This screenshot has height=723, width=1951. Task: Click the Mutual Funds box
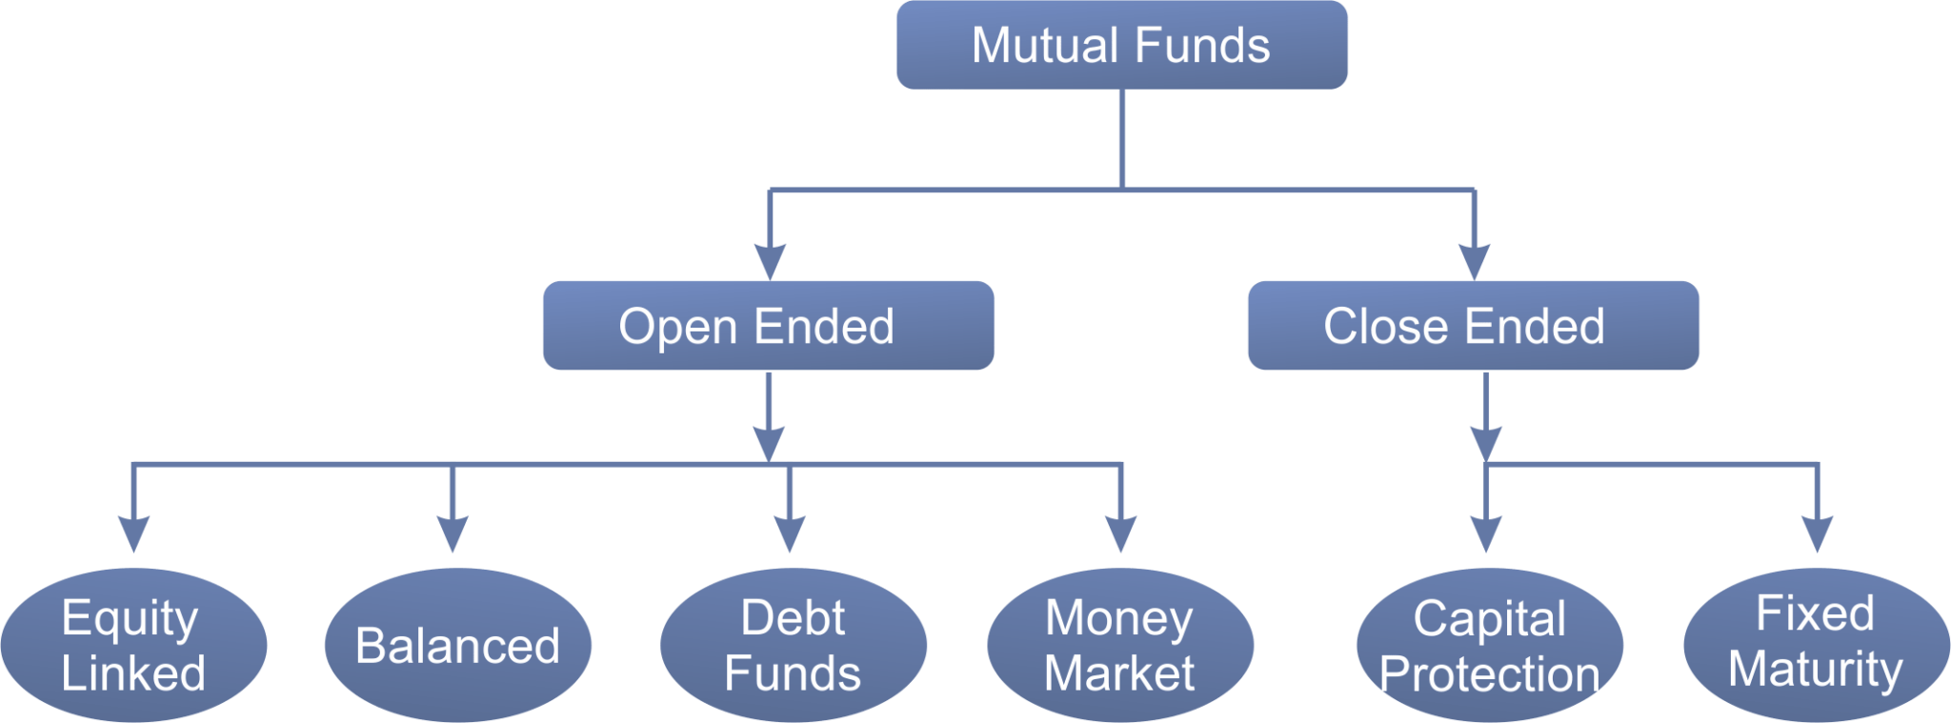pos(1121,45)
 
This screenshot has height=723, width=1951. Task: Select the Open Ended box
pos(768,326)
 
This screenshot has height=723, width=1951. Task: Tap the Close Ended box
pos(1473,326)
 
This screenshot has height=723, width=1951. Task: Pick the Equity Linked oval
pos(133,645)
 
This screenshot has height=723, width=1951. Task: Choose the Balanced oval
pos(457,645)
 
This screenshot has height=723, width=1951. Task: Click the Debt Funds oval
pos(793,645)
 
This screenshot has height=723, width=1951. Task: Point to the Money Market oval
pos(1120,645)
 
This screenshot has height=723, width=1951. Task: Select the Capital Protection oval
pos(1489,645)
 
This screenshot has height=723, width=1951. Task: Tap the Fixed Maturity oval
pos(1816,641)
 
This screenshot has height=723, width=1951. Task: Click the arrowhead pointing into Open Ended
pos(770,260)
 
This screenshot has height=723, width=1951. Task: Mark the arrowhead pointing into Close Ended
pos(1474,260)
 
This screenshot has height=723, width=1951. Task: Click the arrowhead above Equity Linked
pos(133,532)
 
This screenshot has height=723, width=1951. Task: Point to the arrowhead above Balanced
pos(453,532)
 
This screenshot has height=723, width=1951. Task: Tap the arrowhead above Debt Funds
pos(790,532)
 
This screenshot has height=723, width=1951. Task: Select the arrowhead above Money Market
pos(1121,532)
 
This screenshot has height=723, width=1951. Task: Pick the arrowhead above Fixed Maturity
pos(1818,532)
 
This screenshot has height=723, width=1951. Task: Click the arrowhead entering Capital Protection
pos(1486,532)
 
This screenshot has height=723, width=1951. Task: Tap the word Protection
pos(1489,674)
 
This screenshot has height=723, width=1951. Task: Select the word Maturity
pos(1816,669)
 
